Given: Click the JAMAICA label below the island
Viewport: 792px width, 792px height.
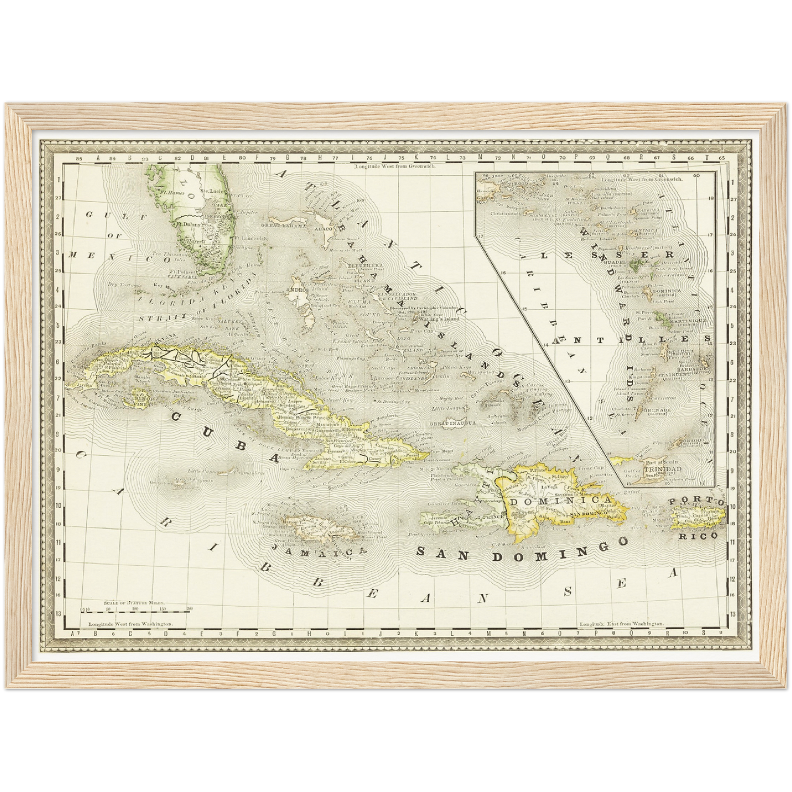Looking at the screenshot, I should [x=318, y=553].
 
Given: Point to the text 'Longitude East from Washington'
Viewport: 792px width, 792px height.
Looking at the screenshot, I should [x=621, y=624].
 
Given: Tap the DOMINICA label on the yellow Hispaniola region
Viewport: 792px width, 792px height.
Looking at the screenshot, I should [x=561, y=500].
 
